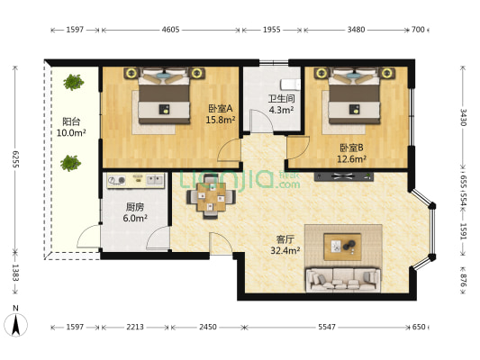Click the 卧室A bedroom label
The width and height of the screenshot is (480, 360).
(221, 108)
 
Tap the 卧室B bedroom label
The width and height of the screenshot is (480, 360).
(352, 148)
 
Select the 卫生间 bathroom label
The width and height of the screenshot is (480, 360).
(282, 98)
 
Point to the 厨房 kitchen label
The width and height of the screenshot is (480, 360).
(135, 207)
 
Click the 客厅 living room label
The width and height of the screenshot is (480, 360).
(285, 238)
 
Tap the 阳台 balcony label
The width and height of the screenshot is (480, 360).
(71, 121)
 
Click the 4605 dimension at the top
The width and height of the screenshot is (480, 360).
(170, 30)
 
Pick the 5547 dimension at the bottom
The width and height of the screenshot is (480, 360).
(327, 327)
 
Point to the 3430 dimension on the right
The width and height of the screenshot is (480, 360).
(463, 118)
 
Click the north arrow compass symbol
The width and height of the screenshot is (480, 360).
(15, 322)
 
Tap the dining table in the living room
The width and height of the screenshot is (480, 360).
(212, 197)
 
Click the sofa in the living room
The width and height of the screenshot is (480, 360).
(343, 280)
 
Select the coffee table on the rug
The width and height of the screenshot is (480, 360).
(342, 247)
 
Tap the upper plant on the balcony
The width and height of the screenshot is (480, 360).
(74, 82)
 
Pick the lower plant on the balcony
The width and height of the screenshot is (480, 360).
(71, 163)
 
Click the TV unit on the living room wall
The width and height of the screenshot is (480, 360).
(344, 176)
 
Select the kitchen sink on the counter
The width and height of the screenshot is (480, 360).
(154, 179)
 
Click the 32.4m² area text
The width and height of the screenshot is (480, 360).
(285, 251)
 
